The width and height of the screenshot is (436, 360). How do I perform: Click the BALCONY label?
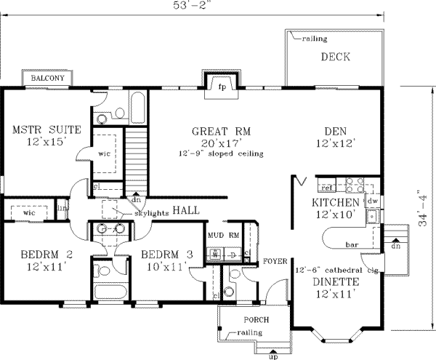point(47,78)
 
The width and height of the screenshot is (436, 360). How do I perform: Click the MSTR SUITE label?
point(47,130)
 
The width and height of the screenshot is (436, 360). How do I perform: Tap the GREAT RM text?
point(221,132)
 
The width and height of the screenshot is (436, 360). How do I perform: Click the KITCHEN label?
point(336,201)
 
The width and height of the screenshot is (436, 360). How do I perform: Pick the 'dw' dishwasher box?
point(372,199)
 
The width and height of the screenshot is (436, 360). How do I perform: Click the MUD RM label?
point(224,236)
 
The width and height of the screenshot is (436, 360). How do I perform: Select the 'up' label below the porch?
point(273,356)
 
